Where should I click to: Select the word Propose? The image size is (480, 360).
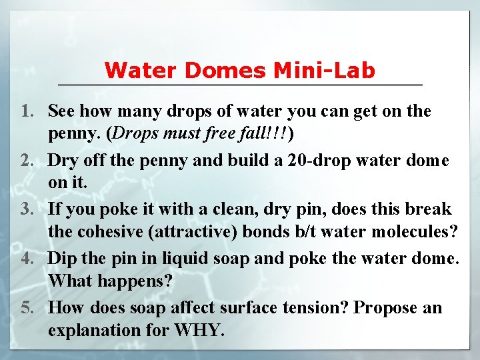[386, 307]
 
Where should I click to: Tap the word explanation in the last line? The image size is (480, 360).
[90, 329]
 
